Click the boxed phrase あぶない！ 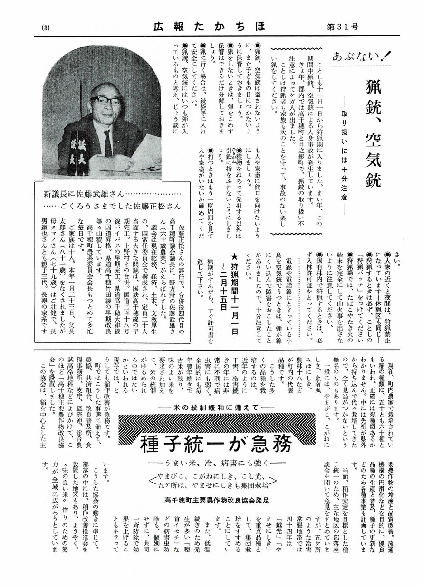(360, 58)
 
